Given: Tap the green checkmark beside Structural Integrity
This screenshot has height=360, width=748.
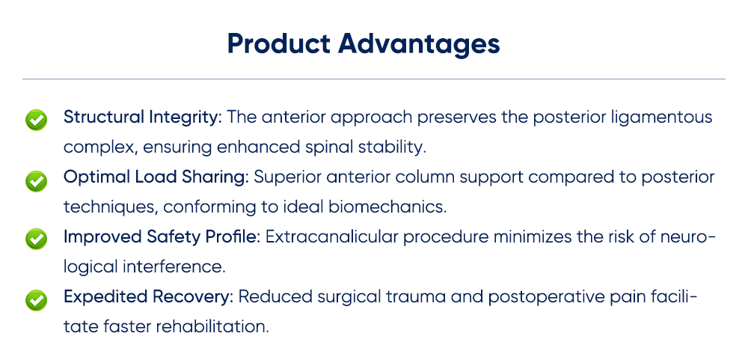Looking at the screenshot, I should click(36, 120).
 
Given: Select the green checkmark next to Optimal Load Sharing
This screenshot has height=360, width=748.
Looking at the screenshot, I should click(36, 180).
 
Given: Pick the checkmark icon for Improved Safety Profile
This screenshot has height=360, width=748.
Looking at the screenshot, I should click(36, 240).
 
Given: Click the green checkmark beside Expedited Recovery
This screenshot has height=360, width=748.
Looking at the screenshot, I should click(36, 299).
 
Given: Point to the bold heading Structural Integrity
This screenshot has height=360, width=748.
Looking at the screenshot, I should click(142, 118).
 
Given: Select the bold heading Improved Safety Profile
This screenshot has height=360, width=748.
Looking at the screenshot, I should click(160, 237).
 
